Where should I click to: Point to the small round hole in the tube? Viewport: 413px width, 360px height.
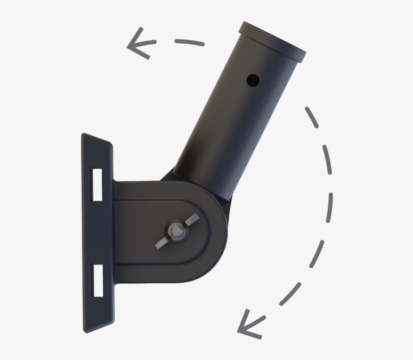[252, 79]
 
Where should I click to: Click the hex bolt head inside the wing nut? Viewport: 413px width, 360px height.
[176, 230]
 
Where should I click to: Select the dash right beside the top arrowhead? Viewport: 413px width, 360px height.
[189, 42]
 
